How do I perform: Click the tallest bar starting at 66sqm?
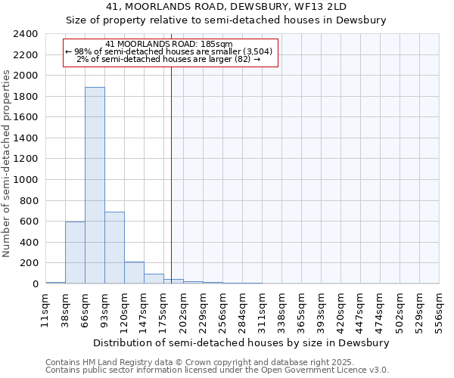tap(95, 185)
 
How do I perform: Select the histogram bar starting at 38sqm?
tap(75, 253)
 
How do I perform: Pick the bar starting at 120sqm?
tap(134, 273)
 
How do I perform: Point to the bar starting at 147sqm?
tap(154, 279)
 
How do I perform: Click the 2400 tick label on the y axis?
tap(26, 35)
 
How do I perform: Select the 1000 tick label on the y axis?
tap(26, 180)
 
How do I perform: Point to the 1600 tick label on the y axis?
tap(26, 118)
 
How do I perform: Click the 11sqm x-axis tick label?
tap(45, 309)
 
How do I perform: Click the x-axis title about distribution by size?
tap(242, 342)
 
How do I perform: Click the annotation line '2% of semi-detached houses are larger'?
tap(173, 60)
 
